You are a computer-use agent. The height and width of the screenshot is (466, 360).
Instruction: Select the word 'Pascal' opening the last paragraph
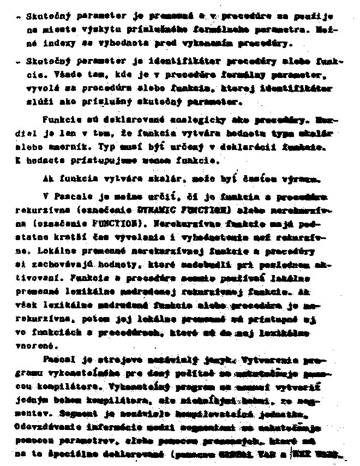[55, 361]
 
